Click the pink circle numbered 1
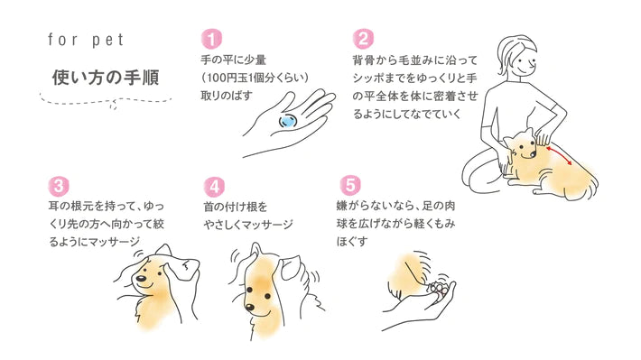point(211,39)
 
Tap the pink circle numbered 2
point(363,39)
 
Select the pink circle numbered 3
point(59,187)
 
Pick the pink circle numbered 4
point(214,187)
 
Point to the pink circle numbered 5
point(350,185)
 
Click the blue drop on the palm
point(287,121)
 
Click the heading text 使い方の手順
point(106,78)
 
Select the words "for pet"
point(86,40)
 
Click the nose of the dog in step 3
point(141,279)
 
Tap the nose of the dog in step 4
point(249,306)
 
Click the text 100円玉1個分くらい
point(255,78)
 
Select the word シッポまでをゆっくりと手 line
point(415,78)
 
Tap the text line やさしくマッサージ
point(248,225)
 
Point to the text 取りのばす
point(226,96)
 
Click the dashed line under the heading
point(106,101)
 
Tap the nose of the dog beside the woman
point(533,154)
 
